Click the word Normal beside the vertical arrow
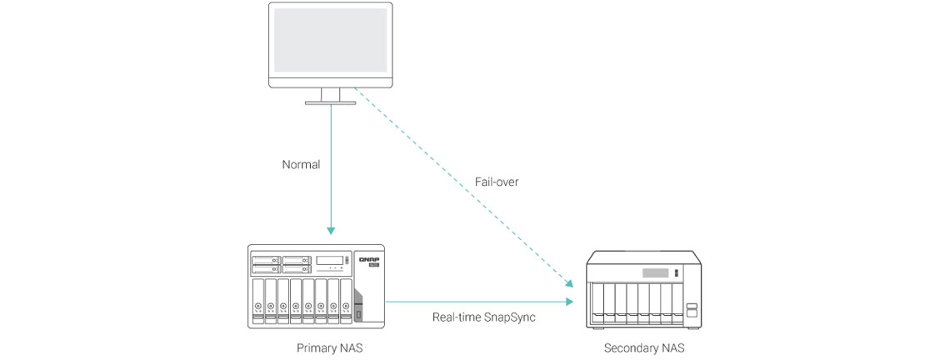click(301, 165)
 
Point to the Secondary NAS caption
click(644, 347)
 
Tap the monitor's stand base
click(331, 102)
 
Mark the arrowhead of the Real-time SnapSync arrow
click(570, 302)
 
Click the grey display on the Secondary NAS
click(655, 273)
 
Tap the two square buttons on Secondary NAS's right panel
click(691, 311)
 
